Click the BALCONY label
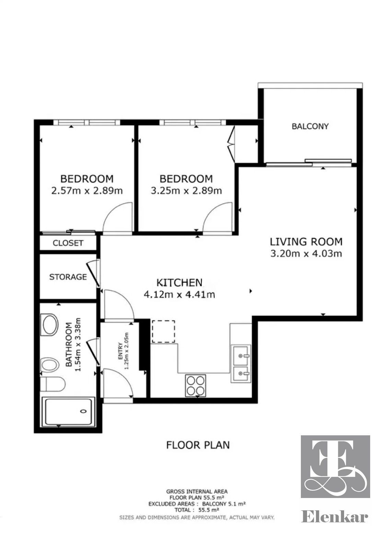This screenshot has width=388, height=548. tap(310, 126)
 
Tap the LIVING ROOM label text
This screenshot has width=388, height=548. tap(306, 242)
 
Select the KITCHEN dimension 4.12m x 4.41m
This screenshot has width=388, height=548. tap(179, 294)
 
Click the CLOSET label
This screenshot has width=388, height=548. tap(68, 243)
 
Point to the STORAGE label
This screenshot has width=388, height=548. tap(68, 277)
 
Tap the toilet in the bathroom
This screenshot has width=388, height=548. tap(52, 384)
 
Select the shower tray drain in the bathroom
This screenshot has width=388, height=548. tap(84, 411)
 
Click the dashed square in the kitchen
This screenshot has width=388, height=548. tap(163, 332)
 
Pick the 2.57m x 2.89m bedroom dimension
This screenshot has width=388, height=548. tap(87, 190)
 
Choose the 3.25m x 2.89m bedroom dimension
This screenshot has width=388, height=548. tap(186, 190)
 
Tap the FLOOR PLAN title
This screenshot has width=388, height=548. tap(198, 445)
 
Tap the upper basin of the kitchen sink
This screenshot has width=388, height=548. tap(241, 355)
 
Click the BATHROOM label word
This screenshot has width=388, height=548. tap(69, 345)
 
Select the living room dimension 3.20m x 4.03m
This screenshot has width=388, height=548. tap(306, 253)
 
